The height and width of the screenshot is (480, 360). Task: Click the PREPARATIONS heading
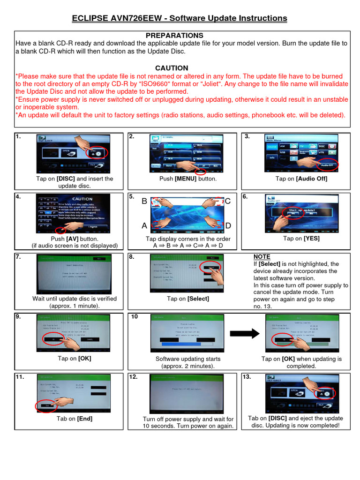coord(174,36)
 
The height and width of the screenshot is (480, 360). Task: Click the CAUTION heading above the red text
coord(172,68)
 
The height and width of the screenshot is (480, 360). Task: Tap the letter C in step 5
coord(227,202)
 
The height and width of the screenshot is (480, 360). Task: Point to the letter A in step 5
coord(144,226)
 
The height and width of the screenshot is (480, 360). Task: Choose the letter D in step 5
coord(228,226)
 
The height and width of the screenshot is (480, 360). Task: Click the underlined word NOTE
coord(262,257)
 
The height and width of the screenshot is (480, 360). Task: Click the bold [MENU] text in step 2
coord(185,179)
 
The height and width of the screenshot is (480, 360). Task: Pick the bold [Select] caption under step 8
coord(198,299)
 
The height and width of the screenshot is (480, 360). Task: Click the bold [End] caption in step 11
coord(84,419)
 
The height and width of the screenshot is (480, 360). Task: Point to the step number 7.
coord(18,257)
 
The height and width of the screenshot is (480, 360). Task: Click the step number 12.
coord(134,377)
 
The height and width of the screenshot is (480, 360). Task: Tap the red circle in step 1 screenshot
coord(99,153)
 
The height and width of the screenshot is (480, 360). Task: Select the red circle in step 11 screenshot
coord(46,405)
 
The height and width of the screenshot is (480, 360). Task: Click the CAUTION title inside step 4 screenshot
coord(82,199)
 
